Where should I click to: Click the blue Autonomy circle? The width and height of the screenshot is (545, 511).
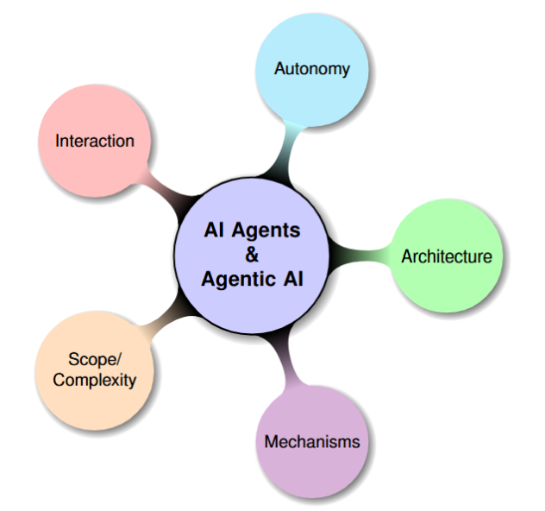312,86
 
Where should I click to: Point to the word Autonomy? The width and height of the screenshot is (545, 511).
312,68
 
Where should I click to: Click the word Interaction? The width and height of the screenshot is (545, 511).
95,140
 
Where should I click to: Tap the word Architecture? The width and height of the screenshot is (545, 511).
446,256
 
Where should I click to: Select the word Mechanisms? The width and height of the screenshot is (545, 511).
311,442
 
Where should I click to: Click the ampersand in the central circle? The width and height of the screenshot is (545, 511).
252,255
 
